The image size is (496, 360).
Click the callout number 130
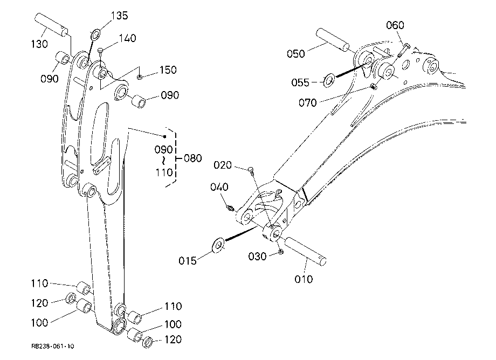(x=39, y=44)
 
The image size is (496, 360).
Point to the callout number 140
(x=127, y=38)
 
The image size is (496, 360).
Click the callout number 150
(x=168, y=70)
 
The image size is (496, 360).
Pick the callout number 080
(x=192, y=158)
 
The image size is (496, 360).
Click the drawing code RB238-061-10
(x=52, y=346)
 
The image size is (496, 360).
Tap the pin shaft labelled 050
(x=333, y=39)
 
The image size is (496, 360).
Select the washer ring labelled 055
(x=329, y=80)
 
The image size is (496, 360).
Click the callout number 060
(x=395, y=25)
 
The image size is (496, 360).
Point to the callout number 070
(x=307, y=103)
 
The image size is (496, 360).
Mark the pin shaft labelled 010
(x=306, y=252)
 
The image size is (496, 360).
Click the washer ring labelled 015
(x=218, y=246)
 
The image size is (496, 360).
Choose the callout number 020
(x=222, y=165)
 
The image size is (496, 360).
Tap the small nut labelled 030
(x=280, y=252)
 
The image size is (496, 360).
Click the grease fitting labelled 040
(x=231, y=208)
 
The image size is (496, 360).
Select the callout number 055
(x=300, y=82)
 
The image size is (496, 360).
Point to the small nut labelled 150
(x=140, y=77)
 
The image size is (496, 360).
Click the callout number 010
(x=304, y=279)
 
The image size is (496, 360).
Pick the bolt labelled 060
(x=403, y=50)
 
